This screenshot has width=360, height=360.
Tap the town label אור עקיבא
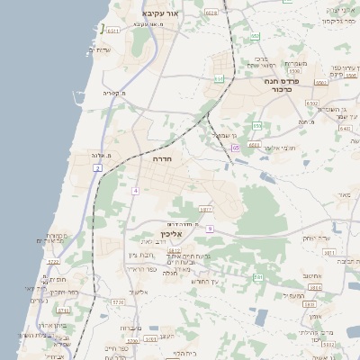click(161, 14)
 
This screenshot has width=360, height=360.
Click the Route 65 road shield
click(235, 147)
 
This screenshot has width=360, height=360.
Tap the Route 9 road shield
click(209, 229)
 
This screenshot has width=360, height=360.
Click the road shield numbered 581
click(257, 277)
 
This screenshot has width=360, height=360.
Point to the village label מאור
click(340, 194)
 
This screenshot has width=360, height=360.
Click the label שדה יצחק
click(311, 238)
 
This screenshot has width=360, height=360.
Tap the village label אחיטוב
click(312, 276)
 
